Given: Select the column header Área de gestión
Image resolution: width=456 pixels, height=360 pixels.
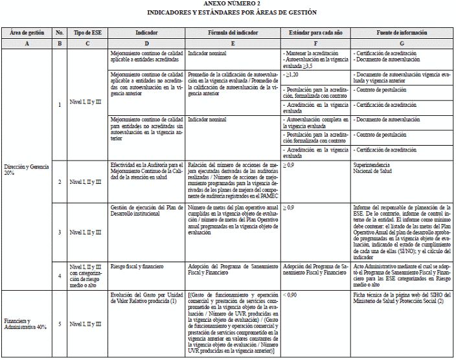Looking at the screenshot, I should click(x=27, y=32).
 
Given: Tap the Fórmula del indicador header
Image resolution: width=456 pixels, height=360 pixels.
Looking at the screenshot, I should click(x=233, y=32).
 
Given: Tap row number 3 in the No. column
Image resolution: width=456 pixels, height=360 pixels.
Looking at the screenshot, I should click(x=60, y=232).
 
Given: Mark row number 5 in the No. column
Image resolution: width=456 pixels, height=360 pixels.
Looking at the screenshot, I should click(x=60, y=323).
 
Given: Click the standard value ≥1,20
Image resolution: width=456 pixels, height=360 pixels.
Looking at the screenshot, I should click(x=293, y=75).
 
